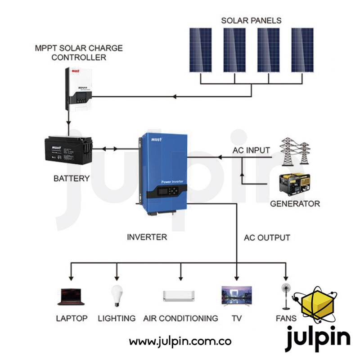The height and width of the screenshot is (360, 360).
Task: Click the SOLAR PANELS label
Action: coord(251,21)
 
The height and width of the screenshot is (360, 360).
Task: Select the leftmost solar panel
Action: coord(200,50)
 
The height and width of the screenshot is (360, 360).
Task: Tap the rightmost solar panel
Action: coord(302,50)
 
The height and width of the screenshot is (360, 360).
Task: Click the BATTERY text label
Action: coord(71,179)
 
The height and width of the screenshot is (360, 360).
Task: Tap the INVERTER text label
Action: coord(147,237)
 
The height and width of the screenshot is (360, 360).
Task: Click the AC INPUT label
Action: coord(251,150)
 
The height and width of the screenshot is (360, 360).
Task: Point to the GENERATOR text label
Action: coord(295,204)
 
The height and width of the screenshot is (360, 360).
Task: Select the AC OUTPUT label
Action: coord(267,237)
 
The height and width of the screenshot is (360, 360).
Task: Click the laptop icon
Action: coord(72,297)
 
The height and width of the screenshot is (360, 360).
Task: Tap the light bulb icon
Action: coord(117,296)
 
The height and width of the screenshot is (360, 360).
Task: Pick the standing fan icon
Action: coord(285,295)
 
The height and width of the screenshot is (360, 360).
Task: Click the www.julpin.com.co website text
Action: coord(180,341)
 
